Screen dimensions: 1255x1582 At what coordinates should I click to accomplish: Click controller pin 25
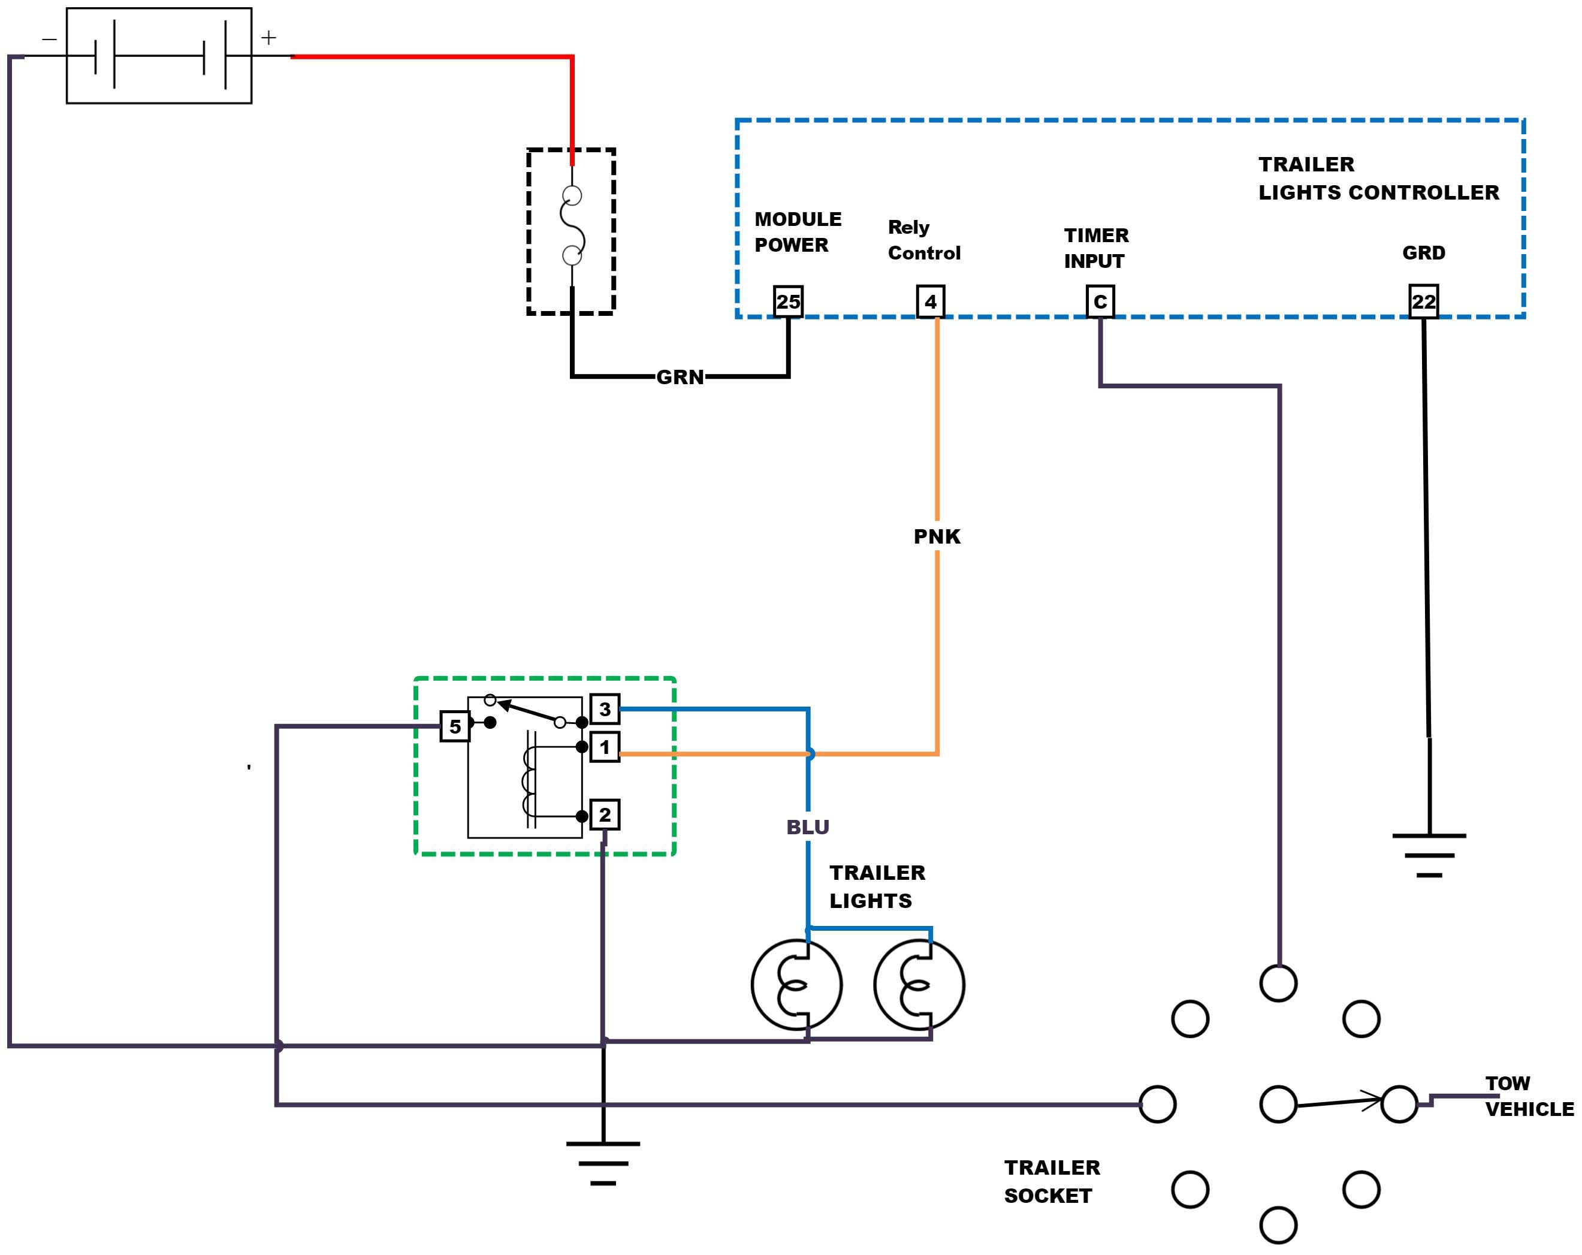click(x=788, y=301)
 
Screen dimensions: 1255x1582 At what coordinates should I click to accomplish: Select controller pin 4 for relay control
click(x=931, y=301)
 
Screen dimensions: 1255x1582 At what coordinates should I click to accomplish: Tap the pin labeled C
click(x=1100, y=301)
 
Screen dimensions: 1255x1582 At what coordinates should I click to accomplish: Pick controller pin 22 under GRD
click(x=1424, y=301)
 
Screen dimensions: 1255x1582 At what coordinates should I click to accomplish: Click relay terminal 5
click(x=455, y=726)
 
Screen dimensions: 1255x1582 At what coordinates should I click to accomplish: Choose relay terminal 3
click(x=605, y=709)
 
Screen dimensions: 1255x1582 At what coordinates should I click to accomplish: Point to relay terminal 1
click(x=605, y=748)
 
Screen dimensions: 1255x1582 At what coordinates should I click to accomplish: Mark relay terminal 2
click(x=605, y=814)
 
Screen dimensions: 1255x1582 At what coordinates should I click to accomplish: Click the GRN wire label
click(x=680, y=377)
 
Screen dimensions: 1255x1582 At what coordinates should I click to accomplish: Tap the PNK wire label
click(x=937, y=536)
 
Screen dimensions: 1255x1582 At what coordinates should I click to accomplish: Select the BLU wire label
click(x=808, y=827)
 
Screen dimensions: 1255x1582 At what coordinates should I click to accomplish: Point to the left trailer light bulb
click(x=797, y=984)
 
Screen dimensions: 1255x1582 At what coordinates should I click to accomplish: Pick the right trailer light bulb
click(x=919, y=984)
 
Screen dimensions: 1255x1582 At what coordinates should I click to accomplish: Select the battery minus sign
click(x=49, y=38)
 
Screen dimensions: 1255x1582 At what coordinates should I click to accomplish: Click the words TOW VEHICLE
click(x=1529, y=1096)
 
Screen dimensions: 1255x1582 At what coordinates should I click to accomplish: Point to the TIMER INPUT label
click(x=1096, y=248)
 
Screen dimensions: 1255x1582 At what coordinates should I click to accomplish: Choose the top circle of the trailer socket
click(x=1278, y=984)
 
